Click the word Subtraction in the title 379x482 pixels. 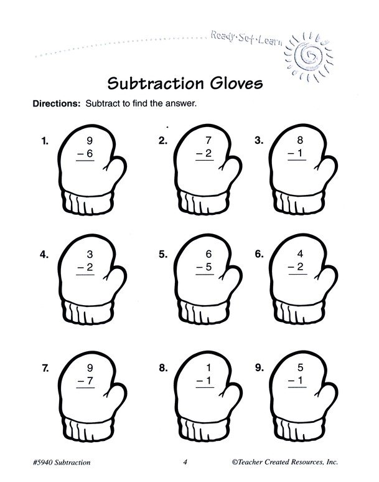click(x=156, y=83)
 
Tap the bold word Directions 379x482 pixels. click(x=57, y=103)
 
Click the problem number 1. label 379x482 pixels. click(x=45, y=141)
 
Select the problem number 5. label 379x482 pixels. click(x=163, y=255)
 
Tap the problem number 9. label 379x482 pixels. click(x=260, y=367)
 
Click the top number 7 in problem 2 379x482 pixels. click(x=208, y=140)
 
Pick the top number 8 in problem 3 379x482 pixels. click(x=300, y=140)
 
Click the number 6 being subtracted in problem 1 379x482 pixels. click(x=90, y=153)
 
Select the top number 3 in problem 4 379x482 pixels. click(x=90, y=254)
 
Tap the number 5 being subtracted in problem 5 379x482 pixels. click(x=209, y=267)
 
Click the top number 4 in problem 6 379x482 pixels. click(x=300, y=253)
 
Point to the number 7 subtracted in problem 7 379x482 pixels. click(x=90, y=381)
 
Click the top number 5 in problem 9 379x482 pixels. click(x=301, y=367)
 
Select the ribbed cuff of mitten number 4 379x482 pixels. click(x=88, y=313)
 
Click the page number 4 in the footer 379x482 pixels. click(x=185, y=462)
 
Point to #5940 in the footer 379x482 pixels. click(x=43, y=462)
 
